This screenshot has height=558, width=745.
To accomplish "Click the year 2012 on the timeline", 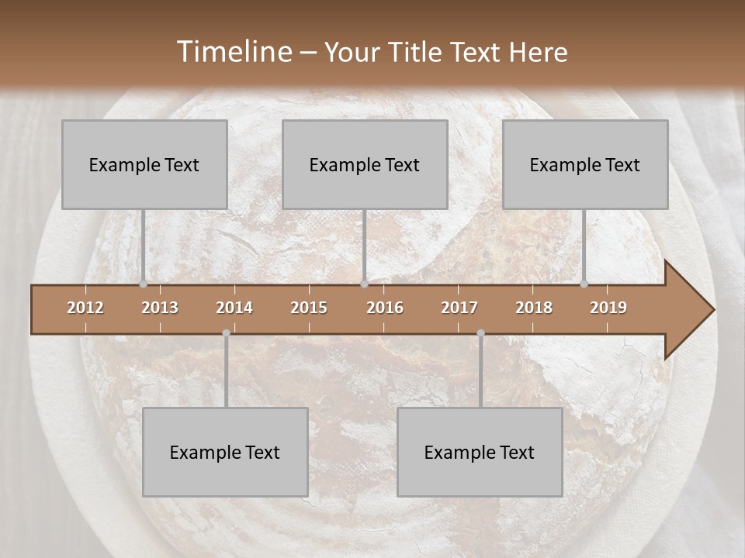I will [85, 308].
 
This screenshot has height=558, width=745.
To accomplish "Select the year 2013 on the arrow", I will [160, 308].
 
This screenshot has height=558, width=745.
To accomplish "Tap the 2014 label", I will [234, 308].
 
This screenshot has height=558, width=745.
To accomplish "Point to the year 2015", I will [309, 308].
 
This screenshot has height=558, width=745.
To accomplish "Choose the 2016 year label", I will [385, 308].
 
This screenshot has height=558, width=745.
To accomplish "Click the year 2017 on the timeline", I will [459, 308].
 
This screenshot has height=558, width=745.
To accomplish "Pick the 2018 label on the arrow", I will [534, 308].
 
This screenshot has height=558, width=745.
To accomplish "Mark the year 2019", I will [608, 308].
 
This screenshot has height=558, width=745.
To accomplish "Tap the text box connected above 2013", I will [144, 164].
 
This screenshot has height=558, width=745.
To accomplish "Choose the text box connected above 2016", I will [365, 164].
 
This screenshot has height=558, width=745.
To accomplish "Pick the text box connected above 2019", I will [585, 164].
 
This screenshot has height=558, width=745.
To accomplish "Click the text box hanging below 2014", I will [225, 452].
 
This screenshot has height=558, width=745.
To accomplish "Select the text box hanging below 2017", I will [480, 452].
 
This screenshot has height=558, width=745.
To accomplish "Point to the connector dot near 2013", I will [143, 284].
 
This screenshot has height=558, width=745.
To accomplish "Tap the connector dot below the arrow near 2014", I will [226, 333].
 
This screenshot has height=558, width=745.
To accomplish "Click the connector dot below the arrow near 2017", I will [480, 333].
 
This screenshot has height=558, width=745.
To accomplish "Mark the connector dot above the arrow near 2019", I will [584, 284].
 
